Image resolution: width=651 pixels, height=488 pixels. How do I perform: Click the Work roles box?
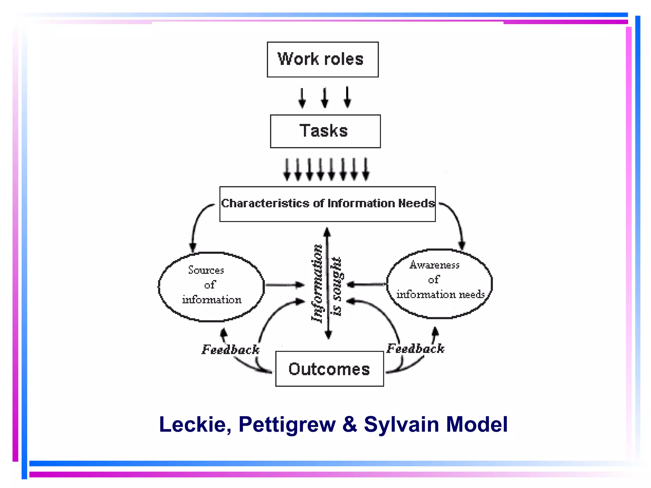tap(322, 59)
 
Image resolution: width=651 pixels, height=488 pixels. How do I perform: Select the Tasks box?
tap(325, 131)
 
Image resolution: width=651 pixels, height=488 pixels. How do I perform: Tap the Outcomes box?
tap(329, 369)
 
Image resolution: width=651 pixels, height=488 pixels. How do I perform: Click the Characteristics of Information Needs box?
tap(327, 204)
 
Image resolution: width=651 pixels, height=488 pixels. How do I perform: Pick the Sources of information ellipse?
tap(211, 287)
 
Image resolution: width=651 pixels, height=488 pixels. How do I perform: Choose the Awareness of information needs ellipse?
tap(439, 283)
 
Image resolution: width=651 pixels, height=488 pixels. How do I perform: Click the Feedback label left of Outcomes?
tap(230, 349)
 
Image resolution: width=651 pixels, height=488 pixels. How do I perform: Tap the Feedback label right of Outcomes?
tap(415, 349)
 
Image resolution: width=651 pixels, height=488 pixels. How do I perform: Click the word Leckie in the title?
tap(195, 424)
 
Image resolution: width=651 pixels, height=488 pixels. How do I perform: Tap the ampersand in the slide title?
tap(350, 424)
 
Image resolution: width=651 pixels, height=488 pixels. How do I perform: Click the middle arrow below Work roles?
tap(325, 98)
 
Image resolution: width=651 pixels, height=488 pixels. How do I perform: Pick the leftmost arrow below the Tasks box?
tap(287, 169)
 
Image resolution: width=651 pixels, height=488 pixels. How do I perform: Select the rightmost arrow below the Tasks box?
tap(366, 169)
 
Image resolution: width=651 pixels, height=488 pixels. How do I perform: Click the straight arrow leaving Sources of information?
tap(284, 285)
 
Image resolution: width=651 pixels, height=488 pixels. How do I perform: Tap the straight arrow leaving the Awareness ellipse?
tap(366, 284)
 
